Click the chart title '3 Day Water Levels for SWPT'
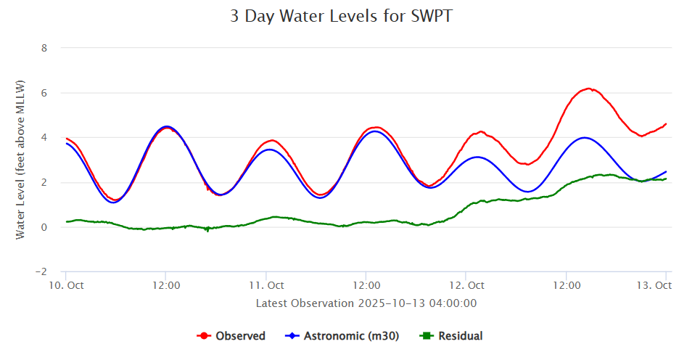point(340,17)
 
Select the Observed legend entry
point(231,336)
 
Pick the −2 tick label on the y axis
point(41,272)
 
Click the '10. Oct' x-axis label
point(66,285)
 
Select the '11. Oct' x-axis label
point(266,285)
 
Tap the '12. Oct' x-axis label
point(466,285)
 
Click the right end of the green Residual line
point(666,179)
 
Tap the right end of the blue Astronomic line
point(666,171)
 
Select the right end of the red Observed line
point(666,123)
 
